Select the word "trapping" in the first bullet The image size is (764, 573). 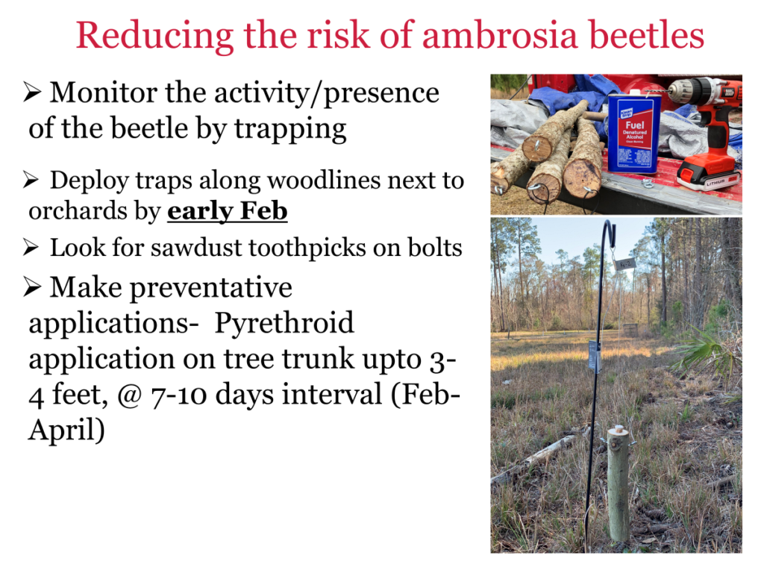(290, 130)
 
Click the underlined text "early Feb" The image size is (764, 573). (227, 211)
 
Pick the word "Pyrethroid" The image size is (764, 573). (284, 323)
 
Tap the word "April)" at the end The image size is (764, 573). (66, 430)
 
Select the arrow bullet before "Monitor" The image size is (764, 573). (31, 92)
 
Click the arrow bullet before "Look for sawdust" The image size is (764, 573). (30, 248)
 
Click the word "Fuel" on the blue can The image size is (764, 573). (635, 125)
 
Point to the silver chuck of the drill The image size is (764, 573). (678, 89)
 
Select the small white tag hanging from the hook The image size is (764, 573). (624, 263)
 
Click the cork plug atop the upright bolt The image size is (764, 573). (619, 429)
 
